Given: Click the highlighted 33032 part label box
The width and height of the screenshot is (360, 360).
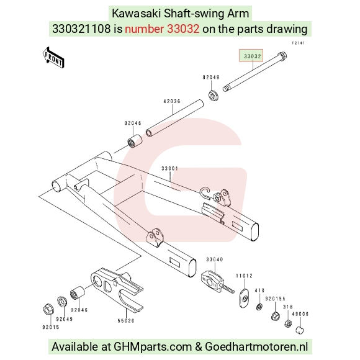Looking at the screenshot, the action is pyautogui.click(x=251, y=56).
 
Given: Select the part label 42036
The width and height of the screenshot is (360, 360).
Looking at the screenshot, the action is pyautogui.click(x=172, y=101).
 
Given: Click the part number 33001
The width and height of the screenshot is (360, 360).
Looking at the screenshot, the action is pyautogui.click(x=169, y=169).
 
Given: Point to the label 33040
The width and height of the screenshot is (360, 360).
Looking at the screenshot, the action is pyautogui.click(x=214, y=259).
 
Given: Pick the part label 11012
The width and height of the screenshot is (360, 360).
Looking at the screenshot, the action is pyautogui.click(x=245, y=276).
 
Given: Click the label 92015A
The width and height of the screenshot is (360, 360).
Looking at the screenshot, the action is pyautogui.click(x=276, y=299).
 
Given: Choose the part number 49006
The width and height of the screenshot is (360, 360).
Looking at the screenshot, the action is pyautogui.click(x=300, y=314).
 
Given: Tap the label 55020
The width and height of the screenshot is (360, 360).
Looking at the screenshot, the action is pyautogui.click(x=126, y=320).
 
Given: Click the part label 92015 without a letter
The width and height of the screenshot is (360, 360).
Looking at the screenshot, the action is pyautogui.click(x=51, y=327).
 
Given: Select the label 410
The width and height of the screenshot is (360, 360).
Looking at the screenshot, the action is pyautogui.click(x=259, y=290).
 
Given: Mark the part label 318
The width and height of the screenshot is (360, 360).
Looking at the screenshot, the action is pyautogui.click(x=287, y=307).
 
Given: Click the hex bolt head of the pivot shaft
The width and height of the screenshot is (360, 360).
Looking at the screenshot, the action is pyautogui.click(x=282, y=55).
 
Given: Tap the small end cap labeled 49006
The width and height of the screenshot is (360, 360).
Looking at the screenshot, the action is pyautogui.click(x=300, y=330).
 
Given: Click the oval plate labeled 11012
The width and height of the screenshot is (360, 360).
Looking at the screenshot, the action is pyautogui.click(x=245, y=298).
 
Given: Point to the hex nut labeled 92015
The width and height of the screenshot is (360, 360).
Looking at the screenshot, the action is pyautogui.click(x=48, y=310).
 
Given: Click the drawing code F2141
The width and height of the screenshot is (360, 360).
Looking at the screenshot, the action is pyautogui.click(x=298, y=43).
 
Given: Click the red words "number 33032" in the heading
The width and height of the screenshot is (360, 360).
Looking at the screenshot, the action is pyautogui.click(x=162, y=29).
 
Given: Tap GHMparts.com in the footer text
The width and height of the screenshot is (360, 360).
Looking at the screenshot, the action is pyautogui.click(x=153, y=346).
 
